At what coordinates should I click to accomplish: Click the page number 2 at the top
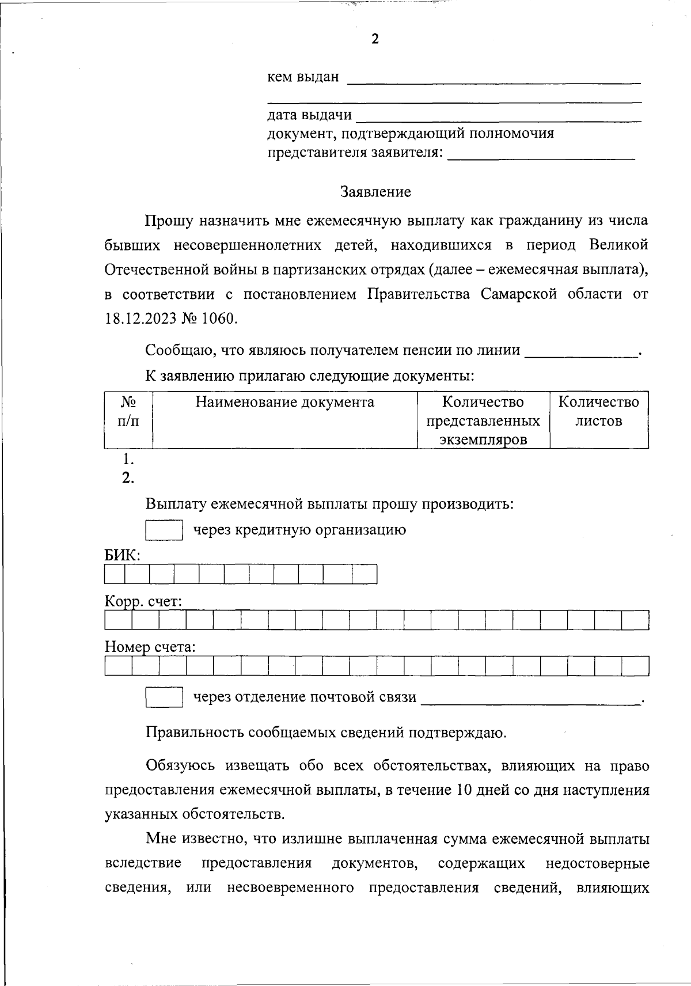(x=375, y=39)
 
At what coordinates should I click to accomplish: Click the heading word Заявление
(x=375, y=192)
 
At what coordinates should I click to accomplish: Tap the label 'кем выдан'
(x=303, y=77)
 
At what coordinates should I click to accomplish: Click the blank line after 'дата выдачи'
(x=499, y=117)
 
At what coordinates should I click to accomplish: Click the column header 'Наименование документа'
(x=284, y=402)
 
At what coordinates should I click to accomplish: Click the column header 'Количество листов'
(x=599, y=411)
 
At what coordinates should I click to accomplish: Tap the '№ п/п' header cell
(x=128, y=411)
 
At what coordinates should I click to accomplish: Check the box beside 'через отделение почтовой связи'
(x=164, y=697)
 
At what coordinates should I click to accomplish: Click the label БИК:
(x=122, y=555)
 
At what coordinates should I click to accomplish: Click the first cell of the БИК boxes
(x=115, y=574)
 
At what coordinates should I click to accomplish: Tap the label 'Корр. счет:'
(x=143, y=602)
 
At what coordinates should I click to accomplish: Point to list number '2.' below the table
(x=128, y=478)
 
